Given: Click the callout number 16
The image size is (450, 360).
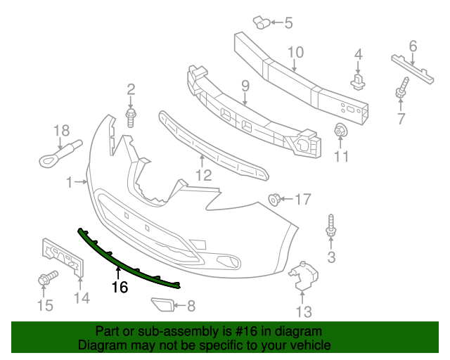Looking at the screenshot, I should (x=120, y=287).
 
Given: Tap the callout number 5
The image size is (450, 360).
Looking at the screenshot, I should (x=288, y=23).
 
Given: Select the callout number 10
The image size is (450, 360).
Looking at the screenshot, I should (x=295, y=51).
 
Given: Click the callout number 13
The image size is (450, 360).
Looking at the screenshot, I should (x=303, y=311).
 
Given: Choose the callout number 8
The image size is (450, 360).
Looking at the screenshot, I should (x=191, y=306).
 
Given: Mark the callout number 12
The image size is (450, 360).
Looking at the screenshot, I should (x=203, y=176).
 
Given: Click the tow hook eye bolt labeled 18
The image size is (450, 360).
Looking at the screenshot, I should (x=60, y=152).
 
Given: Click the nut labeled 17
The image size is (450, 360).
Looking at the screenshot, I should (x=274, y=200).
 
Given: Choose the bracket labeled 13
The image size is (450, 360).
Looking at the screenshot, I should (x=303, y=276).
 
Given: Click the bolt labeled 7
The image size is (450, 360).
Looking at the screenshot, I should (x=402, y=93).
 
